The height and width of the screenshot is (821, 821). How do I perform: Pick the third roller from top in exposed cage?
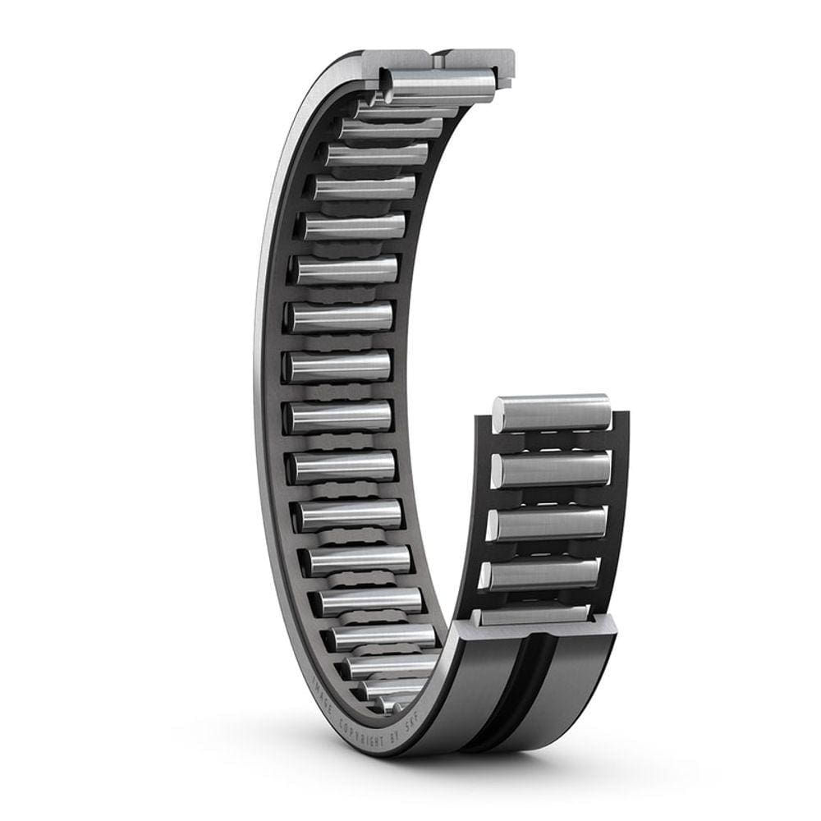pos(548,523)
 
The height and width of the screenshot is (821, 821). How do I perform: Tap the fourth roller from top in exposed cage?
pos(542,573)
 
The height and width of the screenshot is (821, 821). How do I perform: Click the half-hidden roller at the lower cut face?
pos(534,614)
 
